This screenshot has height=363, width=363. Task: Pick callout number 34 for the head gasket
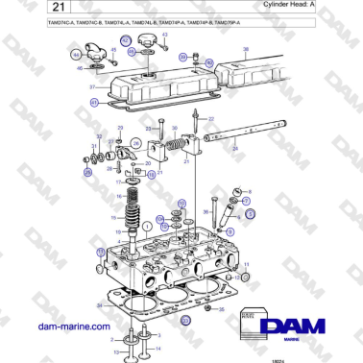[x=97, y=304]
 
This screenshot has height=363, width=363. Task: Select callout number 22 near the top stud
[x=211, y=119]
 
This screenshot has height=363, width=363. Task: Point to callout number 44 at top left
[x=79, y=57]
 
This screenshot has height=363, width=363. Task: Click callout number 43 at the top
[x=164, y=35]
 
